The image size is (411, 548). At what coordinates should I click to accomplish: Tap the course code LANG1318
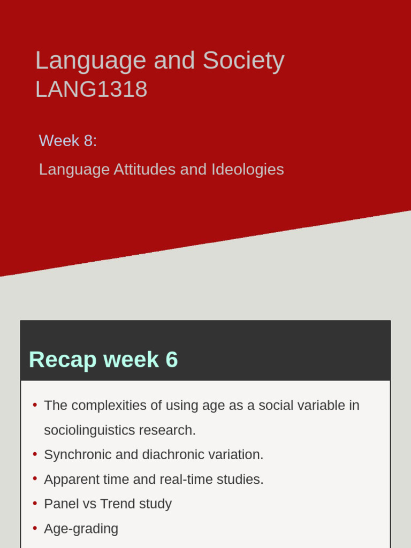click(x=91, y=89)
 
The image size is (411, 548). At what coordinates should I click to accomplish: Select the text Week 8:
click(x=68, y=141)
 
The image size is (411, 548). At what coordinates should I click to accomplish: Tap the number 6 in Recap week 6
click(x=172, y=360)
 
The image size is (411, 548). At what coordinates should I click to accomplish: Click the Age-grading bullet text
click(x=81, y=529)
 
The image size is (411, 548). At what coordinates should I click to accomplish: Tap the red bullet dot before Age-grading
click(x=35, y=528)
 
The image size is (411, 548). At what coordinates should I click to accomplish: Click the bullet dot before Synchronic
click(x=35, y=454)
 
